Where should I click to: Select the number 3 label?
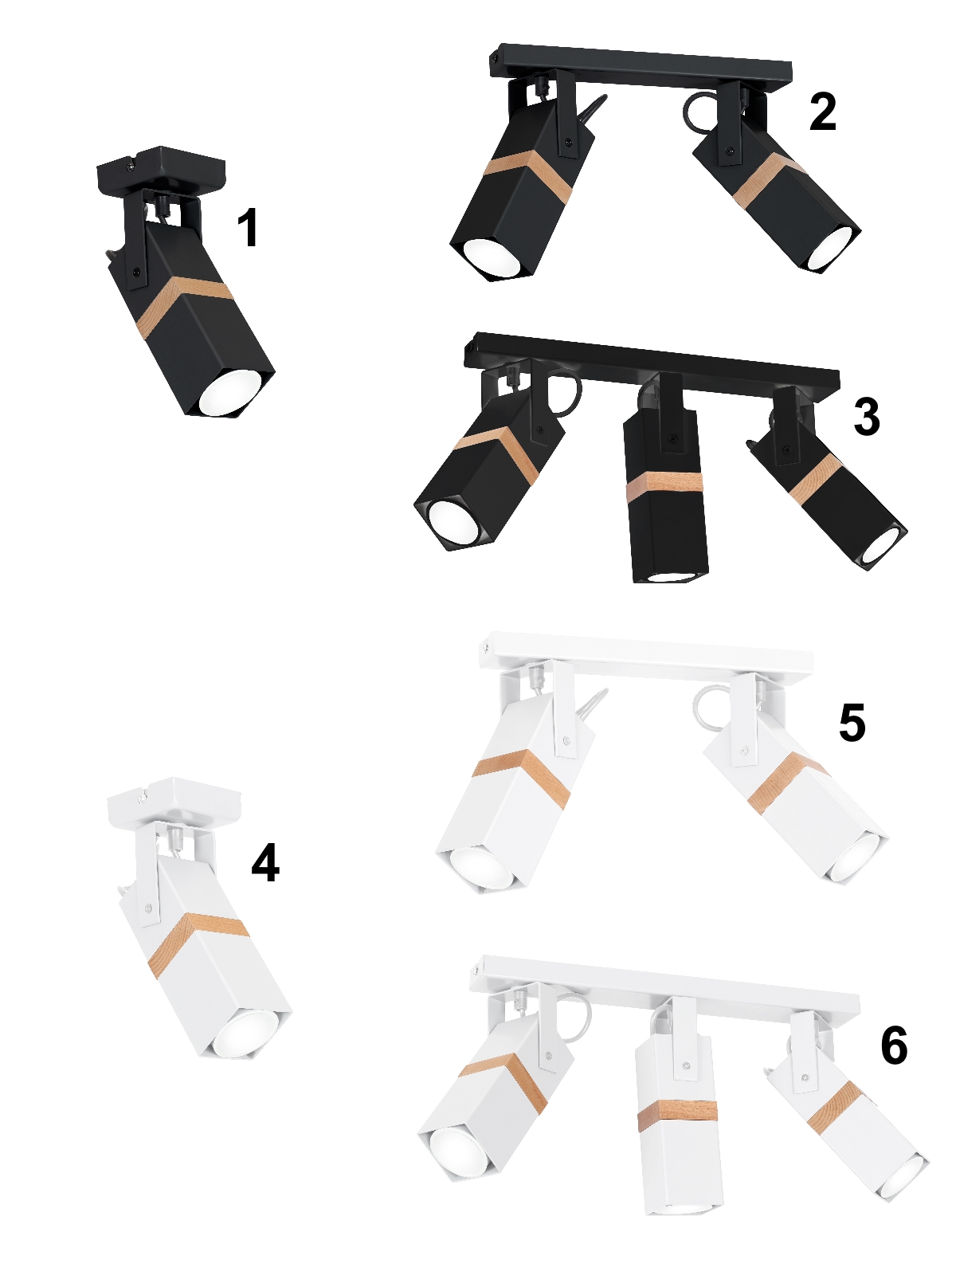point(868,417)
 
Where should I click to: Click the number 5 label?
point(852,722)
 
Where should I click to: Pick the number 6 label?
point(894,1045)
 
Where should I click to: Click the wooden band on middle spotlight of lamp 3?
point(664,483)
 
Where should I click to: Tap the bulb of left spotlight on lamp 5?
point(481,869)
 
